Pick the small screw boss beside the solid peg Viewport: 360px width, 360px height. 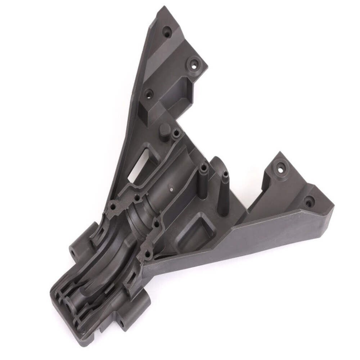[x=176, y=134]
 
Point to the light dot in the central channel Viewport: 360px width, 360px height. [x=171, y=187]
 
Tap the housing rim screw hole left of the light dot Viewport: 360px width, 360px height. [x=137, y=198]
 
